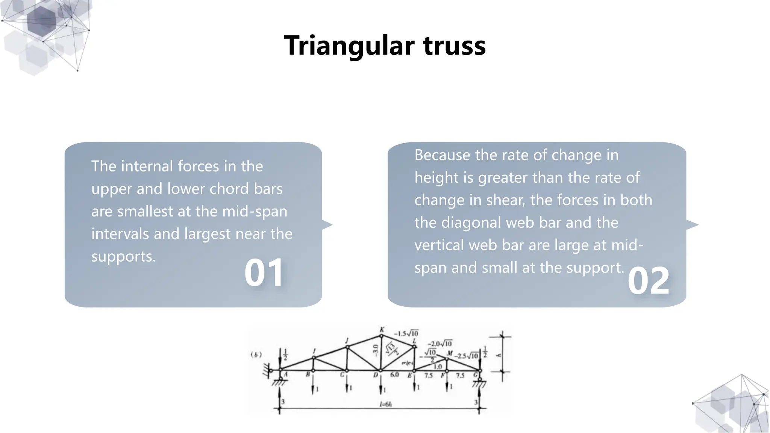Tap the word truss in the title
pos(454,46)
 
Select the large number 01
pos(264,273)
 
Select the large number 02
pos(649,281)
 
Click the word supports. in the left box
pos(123,257)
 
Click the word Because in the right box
pos(442,155)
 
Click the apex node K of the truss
pos(381,335)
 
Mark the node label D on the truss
pos(375,375)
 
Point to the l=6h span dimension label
pos(386,404)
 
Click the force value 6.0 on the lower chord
pos(394,375)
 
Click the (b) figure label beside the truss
pos(256,355)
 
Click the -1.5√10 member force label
pos(406,333)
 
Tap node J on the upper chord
pos(347,347)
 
